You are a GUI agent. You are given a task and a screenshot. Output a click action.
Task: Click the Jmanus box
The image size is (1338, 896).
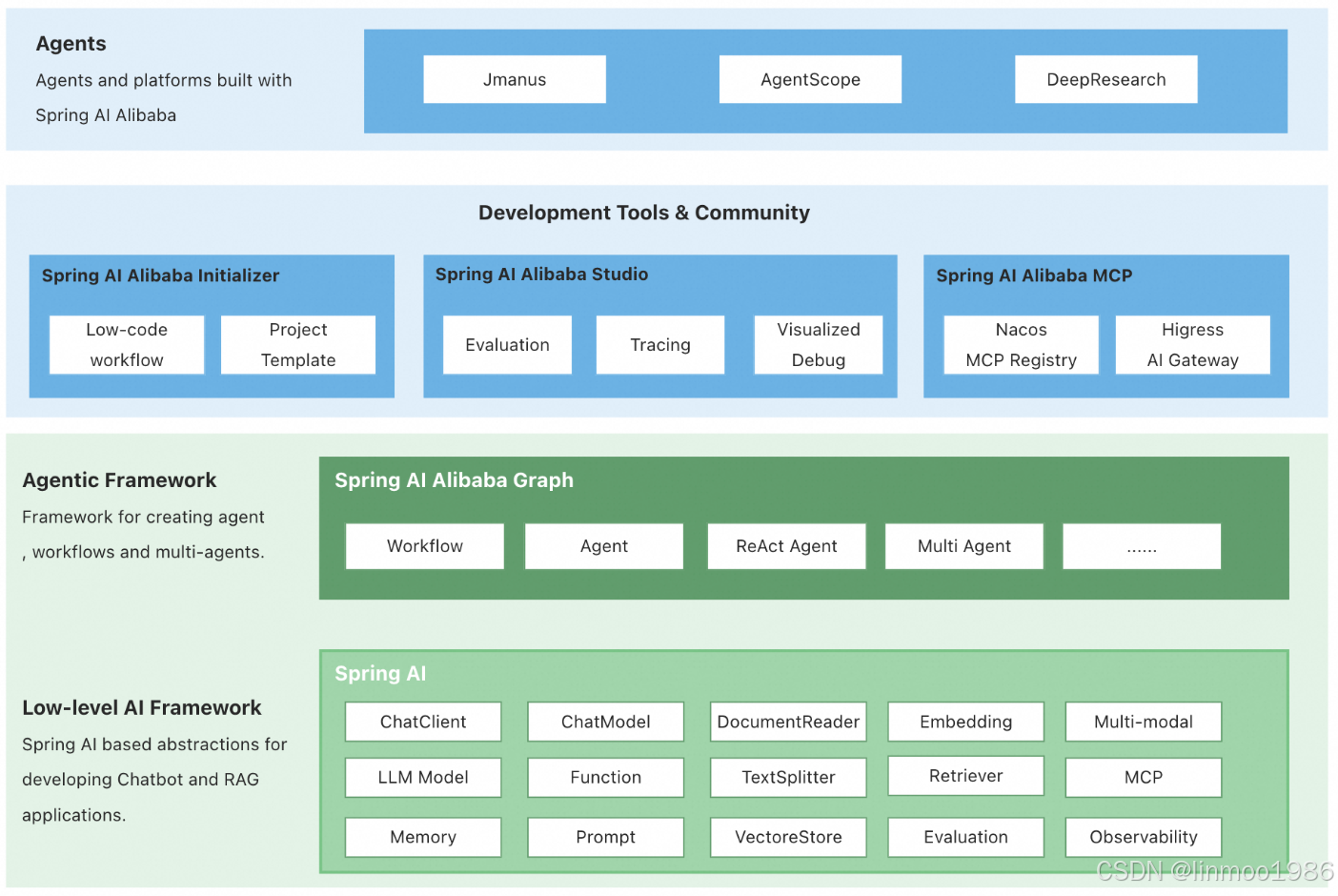point(515,79)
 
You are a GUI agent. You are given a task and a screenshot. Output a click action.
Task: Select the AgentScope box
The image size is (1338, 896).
point(810,79)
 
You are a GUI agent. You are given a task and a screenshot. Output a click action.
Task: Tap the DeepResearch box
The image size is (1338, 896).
point(1105,79)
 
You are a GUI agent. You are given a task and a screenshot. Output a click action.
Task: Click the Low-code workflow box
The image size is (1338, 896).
point(127,345)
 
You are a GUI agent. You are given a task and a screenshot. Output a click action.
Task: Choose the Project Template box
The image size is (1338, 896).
point(298,345)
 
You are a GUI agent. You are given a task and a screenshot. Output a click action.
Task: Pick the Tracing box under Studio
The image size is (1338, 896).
point(660,345)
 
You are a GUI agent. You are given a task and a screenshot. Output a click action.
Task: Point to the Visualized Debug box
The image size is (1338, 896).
point(819,345)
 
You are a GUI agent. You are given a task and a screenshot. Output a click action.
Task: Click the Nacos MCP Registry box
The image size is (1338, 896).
point(1021,345)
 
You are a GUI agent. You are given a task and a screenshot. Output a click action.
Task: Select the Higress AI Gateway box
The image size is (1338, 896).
point(1193,345)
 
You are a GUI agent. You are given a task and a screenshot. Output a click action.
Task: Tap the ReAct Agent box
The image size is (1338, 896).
point(786,546)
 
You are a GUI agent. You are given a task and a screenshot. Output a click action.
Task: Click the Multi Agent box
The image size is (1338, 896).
point(964,546)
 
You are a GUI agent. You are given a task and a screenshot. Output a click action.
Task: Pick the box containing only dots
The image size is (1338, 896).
point(1142,546)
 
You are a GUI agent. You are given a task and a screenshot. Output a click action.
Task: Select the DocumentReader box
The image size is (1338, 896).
point(788,722)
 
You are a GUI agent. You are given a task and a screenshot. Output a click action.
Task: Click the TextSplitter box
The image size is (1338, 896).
point(788,777)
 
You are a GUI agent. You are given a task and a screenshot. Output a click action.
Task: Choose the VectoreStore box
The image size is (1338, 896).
point(788,837)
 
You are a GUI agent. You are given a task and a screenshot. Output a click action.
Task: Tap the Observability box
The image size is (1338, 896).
point(1144,837)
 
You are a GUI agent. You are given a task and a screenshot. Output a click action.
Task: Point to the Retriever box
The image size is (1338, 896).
point(966,775)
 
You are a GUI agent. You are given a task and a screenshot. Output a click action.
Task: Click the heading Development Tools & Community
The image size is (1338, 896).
point(644,213)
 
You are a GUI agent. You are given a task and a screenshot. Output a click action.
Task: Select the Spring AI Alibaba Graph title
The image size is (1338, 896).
point(454,480)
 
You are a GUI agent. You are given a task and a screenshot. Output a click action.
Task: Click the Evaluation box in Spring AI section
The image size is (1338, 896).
point(966,837)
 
